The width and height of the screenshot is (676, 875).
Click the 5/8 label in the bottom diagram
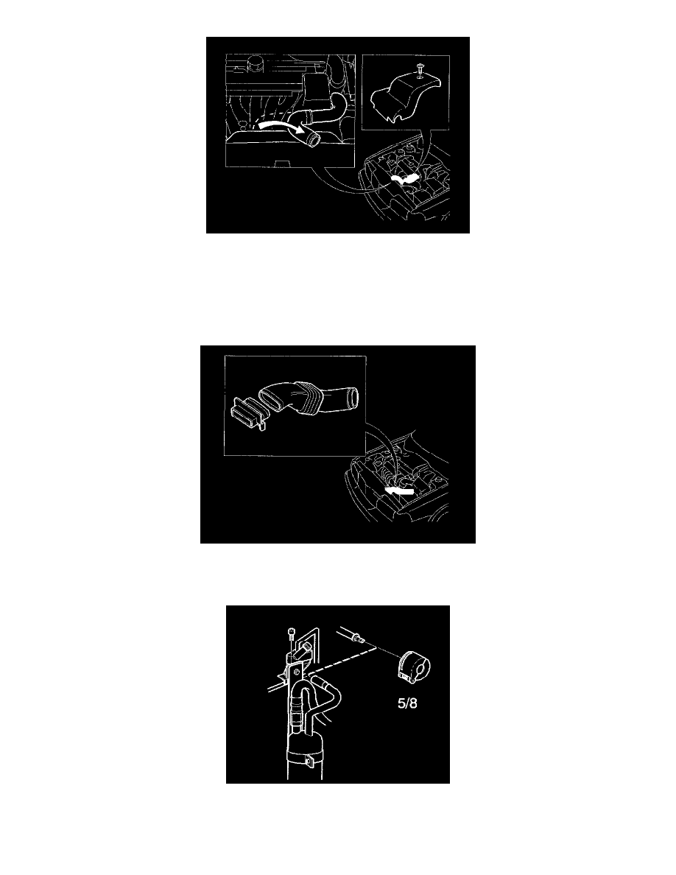407,703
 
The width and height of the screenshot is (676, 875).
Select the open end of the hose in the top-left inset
313,139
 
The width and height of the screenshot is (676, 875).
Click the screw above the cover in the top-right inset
419,70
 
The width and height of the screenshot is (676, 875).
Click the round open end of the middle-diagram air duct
351,396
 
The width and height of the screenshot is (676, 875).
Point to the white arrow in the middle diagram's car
400,491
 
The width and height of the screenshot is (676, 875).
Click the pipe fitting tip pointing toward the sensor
362,642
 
